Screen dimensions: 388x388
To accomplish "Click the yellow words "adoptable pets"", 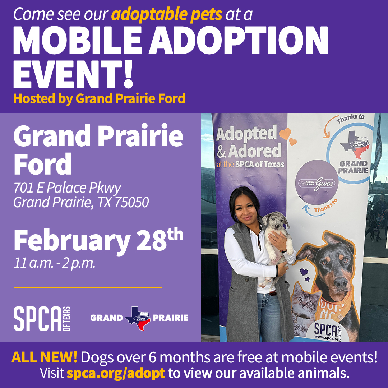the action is (x=167, y=15).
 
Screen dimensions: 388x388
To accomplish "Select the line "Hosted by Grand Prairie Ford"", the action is (x=99, y=98).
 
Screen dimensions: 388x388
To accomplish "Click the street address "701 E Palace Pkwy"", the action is (x=67, y=188).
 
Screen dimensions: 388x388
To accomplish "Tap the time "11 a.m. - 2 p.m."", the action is (x=55, y=263).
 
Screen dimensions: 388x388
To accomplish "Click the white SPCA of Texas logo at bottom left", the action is (x=42, y=318).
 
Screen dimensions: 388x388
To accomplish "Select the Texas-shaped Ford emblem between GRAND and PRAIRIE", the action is (x=138, y=318).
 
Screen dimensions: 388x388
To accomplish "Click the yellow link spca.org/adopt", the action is (x=116, y=373).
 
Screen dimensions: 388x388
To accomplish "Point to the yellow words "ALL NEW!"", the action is (x=44, y=357).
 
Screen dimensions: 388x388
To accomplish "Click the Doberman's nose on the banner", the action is (x=341, y=282).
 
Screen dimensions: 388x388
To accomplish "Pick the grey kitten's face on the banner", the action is (x=306, y=301).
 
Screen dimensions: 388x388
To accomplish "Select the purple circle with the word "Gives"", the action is (x=317, y=182).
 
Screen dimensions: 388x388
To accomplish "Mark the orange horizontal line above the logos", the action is (x=88, y=287).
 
